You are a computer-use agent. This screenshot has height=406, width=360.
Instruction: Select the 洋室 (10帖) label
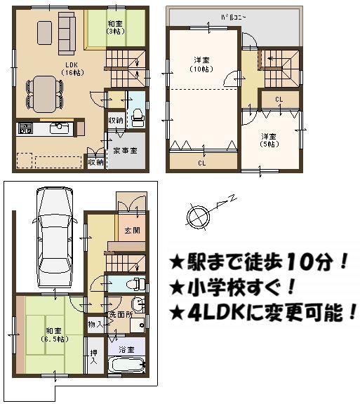click(203, 64)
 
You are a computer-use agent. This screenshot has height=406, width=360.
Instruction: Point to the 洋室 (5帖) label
click(269, 140)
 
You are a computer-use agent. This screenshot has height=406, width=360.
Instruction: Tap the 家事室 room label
click(125, 151)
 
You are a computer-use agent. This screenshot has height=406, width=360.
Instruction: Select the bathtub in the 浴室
click(127, 366)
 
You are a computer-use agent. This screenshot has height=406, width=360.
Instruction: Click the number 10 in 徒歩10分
click(295, 264)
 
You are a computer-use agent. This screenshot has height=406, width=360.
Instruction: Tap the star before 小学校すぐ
click(178, 288)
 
